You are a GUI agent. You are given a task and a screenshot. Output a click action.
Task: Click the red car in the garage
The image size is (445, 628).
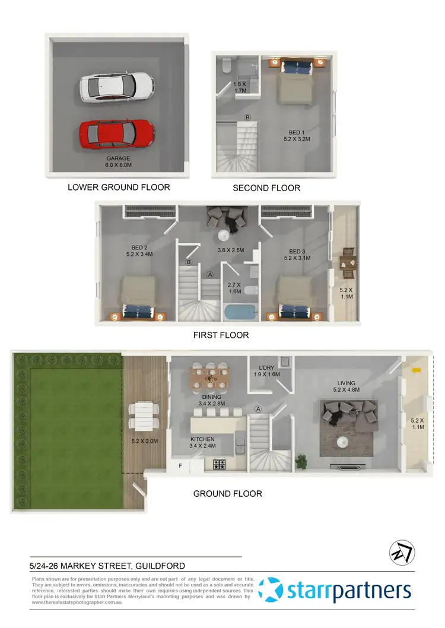tap(117, 134)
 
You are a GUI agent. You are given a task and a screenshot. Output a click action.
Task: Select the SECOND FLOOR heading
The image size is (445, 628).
tap(266, 188)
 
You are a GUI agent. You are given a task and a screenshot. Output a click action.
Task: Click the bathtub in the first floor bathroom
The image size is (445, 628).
tap(240, 311)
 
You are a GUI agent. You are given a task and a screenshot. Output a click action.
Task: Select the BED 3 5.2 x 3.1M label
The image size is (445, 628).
tap(297, 255)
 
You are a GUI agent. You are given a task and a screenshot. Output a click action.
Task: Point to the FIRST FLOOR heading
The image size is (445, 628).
tap(221, 335)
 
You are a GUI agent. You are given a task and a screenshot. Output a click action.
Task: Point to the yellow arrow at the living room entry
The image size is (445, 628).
tap(417, 371)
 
